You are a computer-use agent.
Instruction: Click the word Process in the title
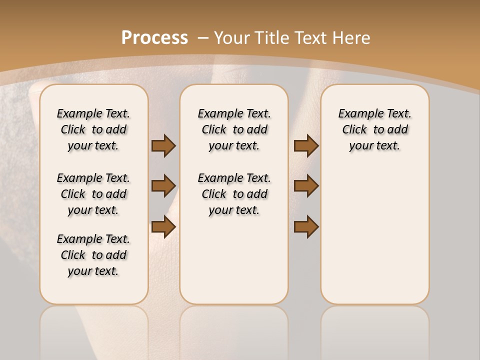pyautogui.click(x=154, y=38)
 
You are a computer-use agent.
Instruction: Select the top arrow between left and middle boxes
pyautogui.click(x=163, y=145)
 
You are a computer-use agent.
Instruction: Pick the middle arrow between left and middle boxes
pyautogui.click(x=163, y=186)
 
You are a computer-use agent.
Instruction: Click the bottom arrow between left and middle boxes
pyautogui.click(x=163, y=227)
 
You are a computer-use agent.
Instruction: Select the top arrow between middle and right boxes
pyautogui.click(x=306, y=145)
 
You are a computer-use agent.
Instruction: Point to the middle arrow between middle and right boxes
pyautogui.click(x=306, y=186)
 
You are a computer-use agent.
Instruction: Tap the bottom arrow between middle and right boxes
pyautogui.click(x=306, y=227)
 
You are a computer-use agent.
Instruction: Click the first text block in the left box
pyautogui.click(x=93, y=129)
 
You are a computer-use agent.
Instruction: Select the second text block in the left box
pyautogui.click(x=93, y=194)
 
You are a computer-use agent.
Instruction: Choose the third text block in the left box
pyautogui.click(x=93, y=255)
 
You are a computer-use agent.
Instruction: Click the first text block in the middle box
pyautogui.click(x=234, y=129)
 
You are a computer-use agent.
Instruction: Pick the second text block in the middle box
pyautogui.click(x=234, y=194)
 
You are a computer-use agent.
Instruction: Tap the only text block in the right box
pyautogui.click(x=374, y=129)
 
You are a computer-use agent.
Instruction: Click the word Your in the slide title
pyautogui.click(x=232, y=38)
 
